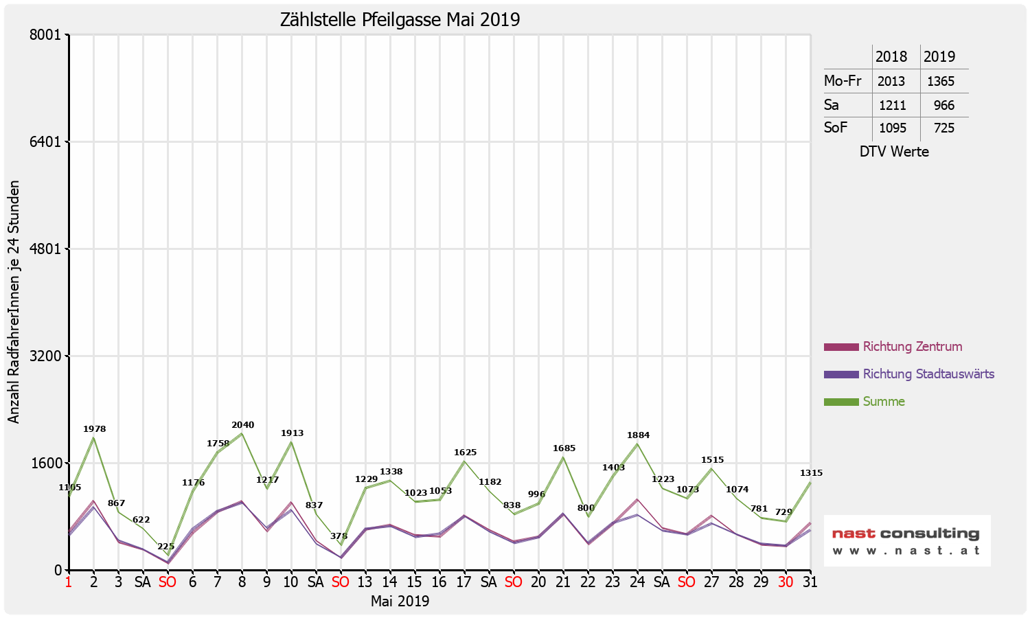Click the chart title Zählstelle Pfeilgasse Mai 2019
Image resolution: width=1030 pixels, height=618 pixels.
[400, 19]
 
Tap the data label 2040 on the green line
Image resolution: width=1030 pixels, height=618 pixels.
[243, 425]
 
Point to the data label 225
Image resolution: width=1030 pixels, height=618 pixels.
[166, 547]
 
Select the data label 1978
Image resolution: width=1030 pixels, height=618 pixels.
[95, 429]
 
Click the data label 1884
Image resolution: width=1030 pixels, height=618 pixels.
[638, 435]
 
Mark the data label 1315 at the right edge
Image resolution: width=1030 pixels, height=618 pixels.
[811, 473]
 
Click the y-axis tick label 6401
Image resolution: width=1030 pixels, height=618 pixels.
[48, 142]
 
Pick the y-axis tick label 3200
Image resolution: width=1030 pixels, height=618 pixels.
[48, 356]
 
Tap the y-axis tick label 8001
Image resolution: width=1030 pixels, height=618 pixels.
[48, 35]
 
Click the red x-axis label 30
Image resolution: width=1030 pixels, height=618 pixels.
[786, 582]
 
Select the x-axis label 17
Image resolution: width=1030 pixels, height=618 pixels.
[464, 582]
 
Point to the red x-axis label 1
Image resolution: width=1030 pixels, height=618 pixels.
[69, 582]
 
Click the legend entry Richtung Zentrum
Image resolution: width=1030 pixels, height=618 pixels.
[912, 347]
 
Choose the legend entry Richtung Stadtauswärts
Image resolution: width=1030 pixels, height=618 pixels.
[928, 374]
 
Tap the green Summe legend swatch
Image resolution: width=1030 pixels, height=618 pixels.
[841, 402]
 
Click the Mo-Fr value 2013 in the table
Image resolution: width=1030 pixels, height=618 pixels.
[891, 81]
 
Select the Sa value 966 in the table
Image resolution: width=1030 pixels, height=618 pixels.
[943, 105]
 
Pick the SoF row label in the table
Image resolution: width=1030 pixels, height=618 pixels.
[836, 128]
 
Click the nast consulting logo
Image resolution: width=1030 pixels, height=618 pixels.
[906, 540]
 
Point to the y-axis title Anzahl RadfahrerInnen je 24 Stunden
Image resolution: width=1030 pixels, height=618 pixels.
[14, 302]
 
